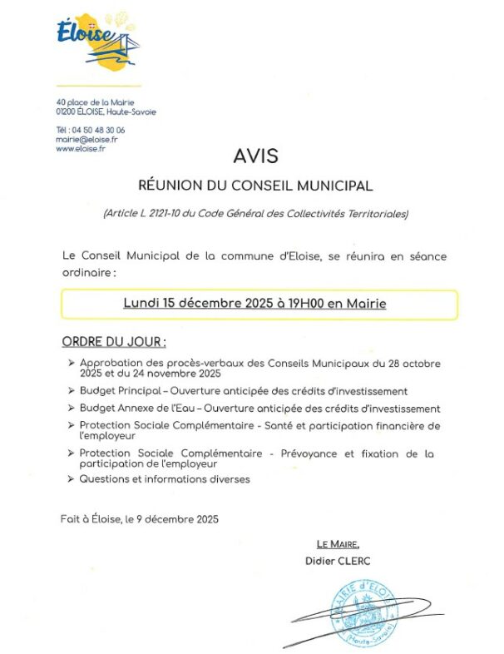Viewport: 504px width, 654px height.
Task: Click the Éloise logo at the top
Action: point(99,42)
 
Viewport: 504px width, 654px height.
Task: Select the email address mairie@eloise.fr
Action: point(86,140)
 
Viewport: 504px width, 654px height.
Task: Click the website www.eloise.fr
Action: point(81,149)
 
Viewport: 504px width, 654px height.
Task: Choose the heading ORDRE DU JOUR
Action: point(114,342)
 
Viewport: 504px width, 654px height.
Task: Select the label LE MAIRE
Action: point(338,544)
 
